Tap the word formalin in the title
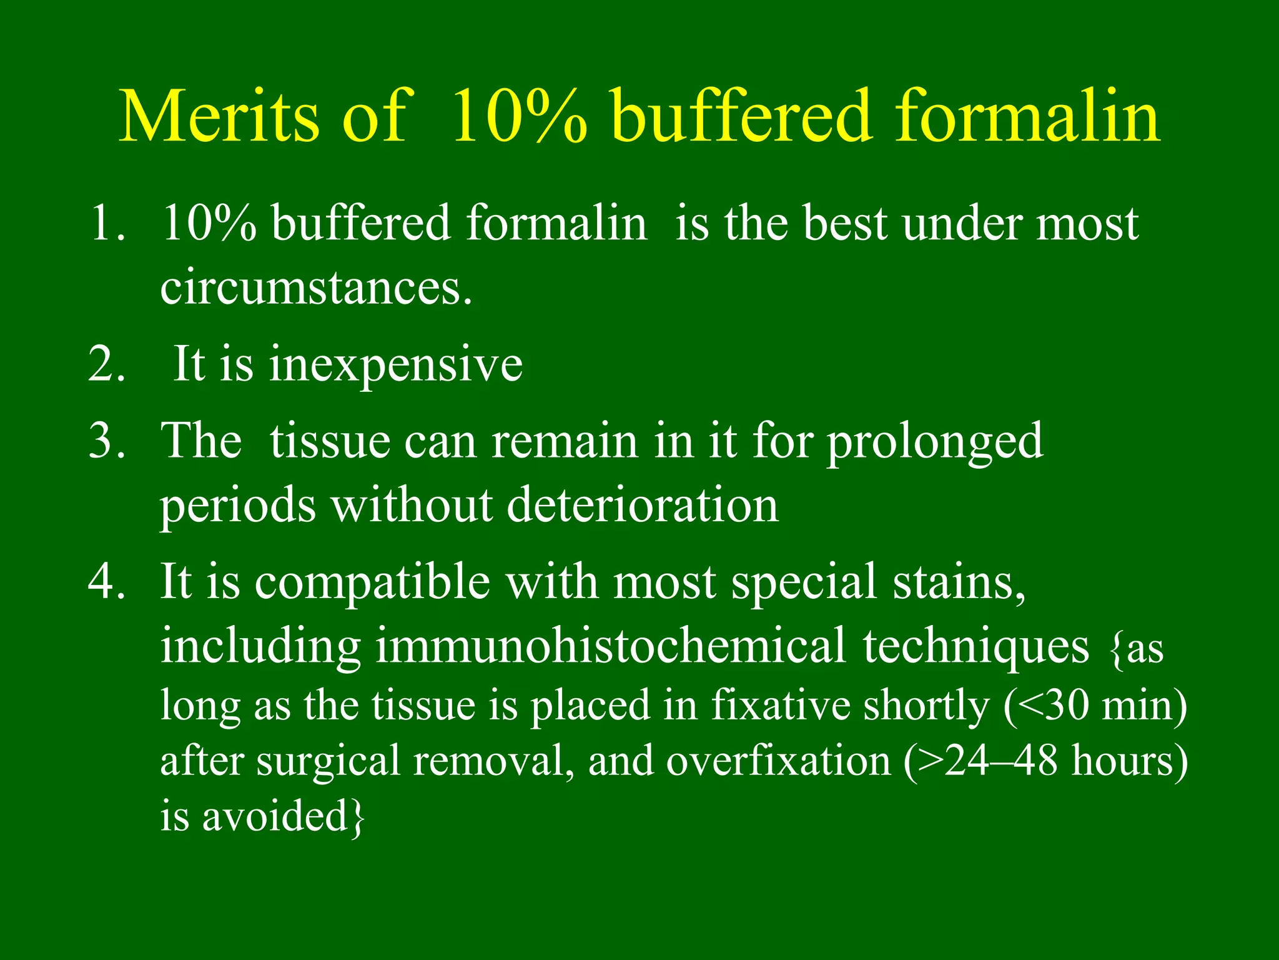(1027, 117)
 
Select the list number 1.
(106, 223)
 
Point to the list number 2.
(106, 364)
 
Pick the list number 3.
(106, 441)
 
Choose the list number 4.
(106, 581)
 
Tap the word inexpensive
(395, 365)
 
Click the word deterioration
(643, 504)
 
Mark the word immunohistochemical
(610, 646)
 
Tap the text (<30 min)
(1095, 705)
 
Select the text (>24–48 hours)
(1045, 761)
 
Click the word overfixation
(778, 761)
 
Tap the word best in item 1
(844, 223)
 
